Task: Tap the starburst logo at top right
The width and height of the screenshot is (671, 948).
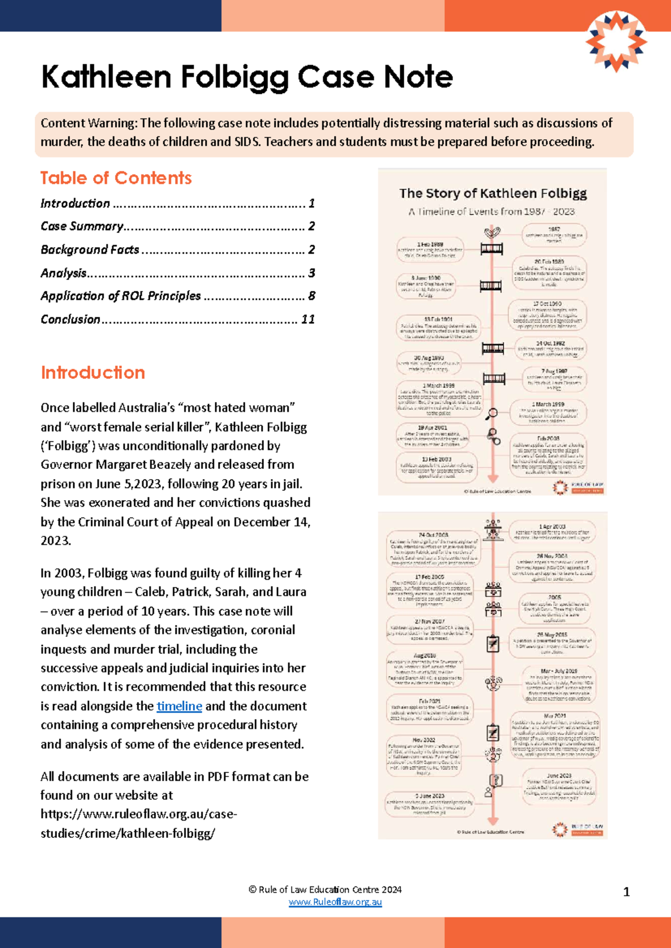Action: (616, 41)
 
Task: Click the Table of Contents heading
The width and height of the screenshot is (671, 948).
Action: (116, 178)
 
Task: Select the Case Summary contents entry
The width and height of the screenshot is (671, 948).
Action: (82, 226)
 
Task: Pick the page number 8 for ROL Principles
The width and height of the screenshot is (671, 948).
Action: (311, 296)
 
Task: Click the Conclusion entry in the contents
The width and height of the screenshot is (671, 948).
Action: (70, 319)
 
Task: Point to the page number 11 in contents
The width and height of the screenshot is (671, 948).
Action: (308, 319)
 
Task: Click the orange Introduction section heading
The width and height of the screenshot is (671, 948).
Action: (93, 373)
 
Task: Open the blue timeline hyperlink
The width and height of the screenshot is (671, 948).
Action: (179, 706)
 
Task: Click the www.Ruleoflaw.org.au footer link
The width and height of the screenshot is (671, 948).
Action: (335, 902)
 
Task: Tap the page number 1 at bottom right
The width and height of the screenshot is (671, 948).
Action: (626, 892)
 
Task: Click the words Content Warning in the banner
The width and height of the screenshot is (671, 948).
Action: (88, 123)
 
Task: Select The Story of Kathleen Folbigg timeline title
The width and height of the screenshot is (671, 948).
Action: (493, 193)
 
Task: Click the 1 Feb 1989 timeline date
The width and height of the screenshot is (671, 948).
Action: (430, 245)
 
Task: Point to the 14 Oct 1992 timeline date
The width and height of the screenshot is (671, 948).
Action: (550, 343)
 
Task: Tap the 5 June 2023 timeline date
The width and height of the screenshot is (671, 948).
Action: (429, 796)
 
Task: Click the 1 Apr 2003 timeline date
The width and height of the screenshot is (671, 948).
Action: (552, 527)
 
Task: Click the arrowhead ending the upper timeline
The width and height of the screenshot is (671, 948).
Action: (493, 478)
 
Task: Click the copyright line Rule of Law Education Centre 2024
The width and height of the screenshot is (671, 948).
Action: (325, 889)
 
